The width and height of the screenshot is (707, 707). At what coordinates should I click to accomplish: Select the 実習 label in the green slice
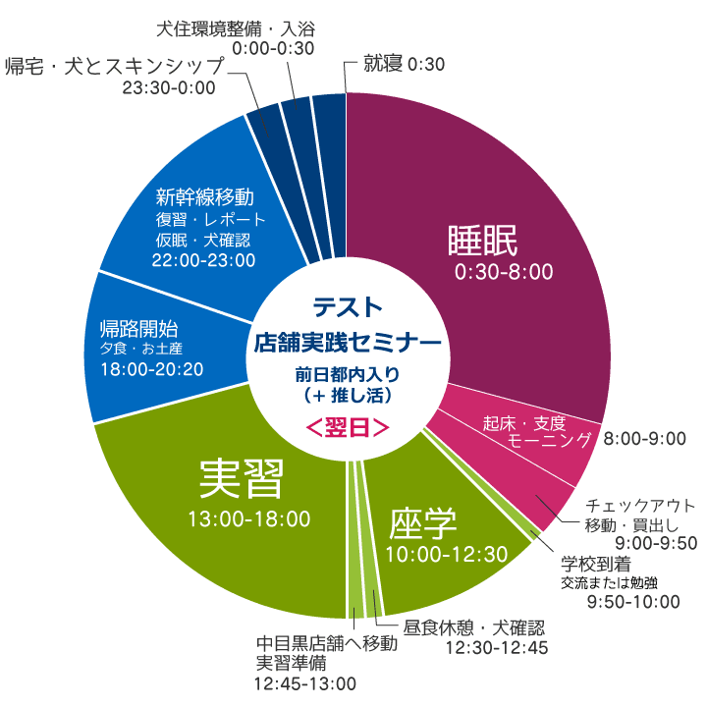(x=242, y=479)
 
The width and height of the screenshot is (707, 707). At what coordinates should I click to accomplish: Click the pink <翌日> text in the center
(x=347, y=428)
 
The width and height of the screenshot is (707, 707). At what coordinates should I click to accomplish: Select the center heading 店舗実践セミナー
(x=347, y=342)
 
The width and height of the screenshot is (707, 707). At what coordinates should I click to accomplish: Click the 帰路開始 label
(x=144, y=328)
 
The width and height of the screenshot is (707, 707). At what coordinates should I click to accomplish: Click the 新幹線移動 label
(x=205, y=195)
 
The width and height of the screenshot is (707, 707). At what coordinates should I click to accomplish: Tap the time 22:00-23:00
(x=204, y=260)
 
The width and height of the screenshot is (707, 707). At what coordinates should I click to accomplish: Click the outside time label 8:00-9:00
(x=644, y=438)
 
